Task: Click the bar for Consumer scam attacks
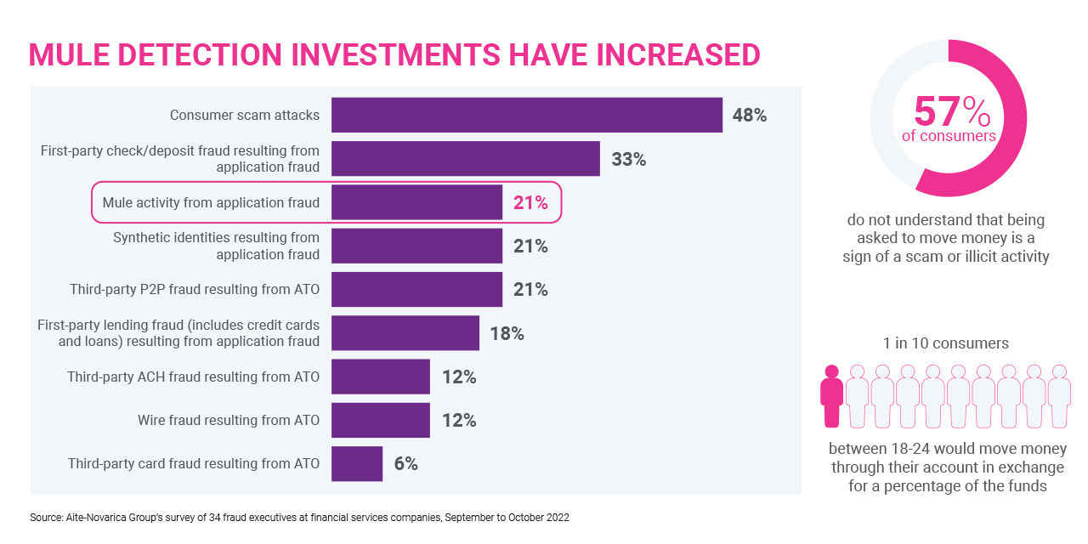527,115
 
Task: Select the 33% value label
629,159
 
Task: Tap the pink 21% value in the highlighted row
530,203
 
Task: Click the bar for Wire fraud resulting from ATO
381,420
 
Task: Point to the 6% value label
406,464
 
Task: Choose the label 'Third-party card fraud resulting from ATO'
194,464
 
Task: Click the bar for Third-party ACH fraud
381,377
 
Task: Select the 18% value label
507,333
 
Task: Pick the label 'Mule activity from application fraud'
211,203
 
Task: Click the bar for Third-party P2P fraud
416,290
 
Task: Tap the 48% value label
750,116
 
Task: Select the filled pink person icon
832,396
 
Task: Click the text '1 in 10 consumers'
946,343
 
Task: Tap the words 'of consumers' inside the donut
948,136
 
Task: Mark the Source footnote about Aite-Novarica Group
299,517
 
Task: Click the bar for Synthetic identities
416,246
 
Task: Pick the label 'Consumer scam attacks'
245,116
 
